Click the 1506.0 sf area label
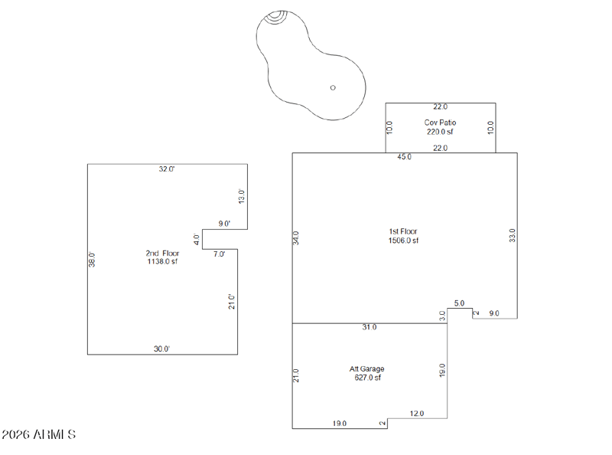click(403, 241)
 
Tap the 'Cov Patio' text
click(440, 123)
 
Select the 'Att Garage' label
click(366, 368)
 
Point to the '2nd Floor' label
click(162, 253)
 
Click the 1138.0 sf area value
click(162, 262)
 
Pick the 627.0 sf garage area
click(366, 378)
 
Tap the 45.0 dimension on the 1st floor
click(404, 157)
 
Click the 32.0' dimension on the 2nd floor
click(167, 169)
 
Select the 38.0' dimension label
click(93, 260)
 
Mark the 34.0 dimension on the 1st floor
click(297, 237)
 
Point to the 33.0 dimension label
click(513, 235)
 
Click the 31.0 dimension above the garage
click(369, 327)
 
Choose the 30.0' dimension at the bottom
click(161, 349)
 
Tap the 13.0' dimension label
click(242, 196)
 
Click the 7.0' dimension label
click(220, 254)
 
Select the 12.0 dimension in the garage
click(417, 414)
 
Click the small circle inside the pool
click(333, 87)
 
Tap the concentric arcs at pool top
click(278, 16)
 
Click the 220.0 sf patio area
click(440, 132)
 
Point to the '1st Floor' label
click(403, 231)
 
